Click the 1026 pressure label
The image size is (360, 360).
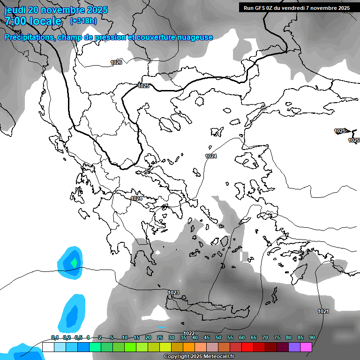tap(116, 62)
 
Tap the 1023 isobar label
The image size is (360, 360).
tap(173, 292)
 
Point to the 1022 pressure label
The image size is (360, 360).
tap(189, 333)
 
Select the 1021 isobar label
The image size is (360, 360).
tap(323, 311)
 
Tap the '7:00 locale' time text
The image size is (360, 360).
tap(33, 21)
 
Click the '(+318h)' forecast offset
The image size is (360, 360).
tap(83, 21)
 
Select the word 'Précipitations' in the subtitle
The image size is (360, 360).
tap(29, 37)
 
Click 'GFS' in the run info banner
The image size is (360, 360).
tap(262, 8)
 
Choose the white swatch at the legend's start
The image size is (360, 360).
tap(48, 347)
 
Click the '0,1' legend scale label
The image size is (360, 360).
tap(54, 337)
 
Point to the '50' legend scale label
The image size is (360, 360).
tap(218, 337)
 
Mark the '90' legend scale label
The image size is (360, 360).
tap(312, 337)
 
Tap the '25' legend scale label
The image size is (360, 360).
tap(160, 337)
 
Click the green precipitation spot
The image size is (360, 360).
tap(73, 262)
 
